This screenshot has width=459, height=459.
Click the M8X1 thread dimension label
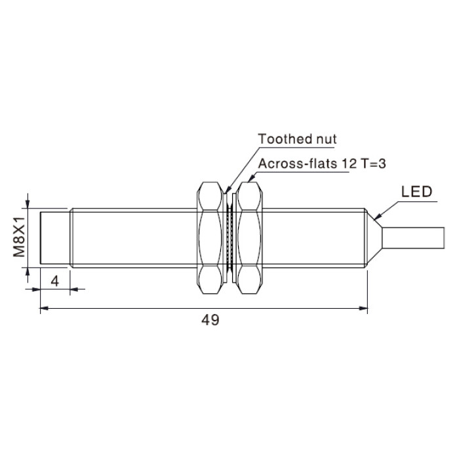coord(19,237)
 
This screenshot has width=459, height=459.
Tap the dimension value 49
coord(210,320)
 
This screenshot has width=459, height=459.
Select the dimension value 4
coord(54,281)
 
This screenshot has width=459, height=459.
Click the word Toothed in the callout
coord(284,139)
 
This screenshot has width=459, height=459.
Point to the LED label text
coord(416,191)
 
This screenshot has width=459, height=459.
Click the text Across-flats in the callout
coord(298,163)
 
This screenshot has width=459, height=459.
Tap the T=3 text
coord(373,163)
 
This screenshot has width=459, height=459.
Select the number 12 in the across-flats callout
coord(349,163)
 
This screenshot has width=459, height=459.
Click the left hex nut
coord(209,237)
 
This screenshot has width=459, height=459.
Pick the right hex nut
coord(249,237)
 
